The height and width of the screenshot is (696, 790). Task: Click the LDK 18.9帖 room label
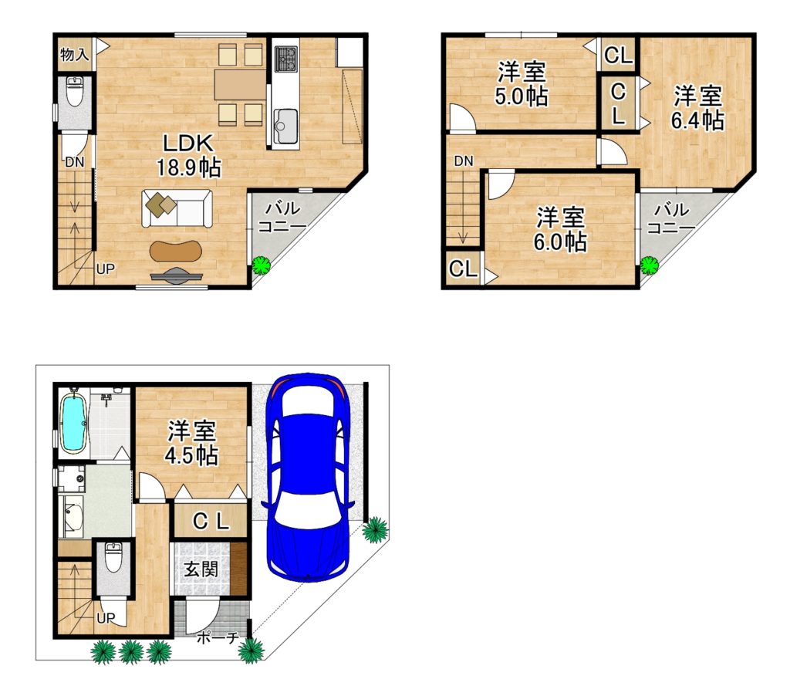click(x=188, y=155)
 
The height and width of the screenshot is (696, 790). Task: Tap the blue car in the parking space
click(x=307, y=477)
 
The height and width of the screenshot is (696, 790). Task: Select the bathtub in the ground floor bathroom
click(x=73, y=422)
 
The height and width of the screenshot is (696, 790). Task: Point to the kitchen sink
click(x=285, y=125)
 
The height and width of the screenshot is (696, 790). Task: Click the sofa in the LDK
click(x=177, y=208)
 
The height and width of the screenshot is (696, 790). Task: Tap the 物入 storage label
click(x=74, y=53)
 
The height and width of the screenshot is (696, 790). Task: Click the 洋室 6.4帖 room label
click(x=697, y=107)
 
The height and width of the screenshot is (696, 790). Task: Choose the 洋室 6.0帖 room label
click(x=560, y=229)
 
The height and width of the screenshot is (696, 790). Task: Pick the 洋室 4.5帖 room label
click(x=191, y=443)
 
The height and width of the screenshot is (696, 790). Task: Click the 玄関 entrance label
click(x=201, y=569)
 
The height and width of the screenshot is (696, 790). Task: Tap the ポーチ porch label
click(x=217, y=637)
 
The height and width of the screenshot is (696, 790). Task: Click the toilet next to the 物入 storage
click(x=75, y=92)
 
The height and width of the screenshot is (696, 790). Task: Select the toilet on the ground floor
click(x=113, y=557)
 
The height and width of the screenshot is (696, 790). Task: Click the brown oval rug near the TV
click(x=177, y=251)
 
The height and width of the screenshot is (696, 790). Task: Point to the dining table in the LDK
click(x=240, y=85)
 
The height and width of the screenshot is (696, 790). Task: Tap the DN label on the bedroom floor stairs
click(x=464, y=160)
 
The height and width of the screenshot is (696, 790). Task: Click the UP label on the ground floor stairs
click(x=105, y=618)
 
